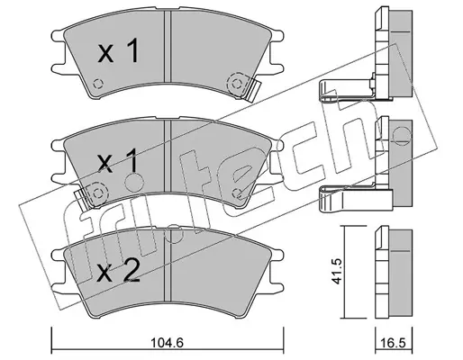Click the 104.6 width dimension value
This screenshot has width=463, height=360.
(167, 342)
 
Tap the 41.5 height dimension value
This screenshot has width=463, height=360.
(338, 271)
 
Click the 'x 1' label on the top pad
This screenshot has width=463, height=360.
(119, 51)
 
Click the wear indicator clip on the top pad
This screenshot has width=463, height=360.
(253, 90)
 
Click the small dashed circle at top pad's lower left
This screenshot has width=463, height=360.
(97, 84)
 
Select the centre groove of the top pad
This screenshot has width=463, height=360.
(168, 46)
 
